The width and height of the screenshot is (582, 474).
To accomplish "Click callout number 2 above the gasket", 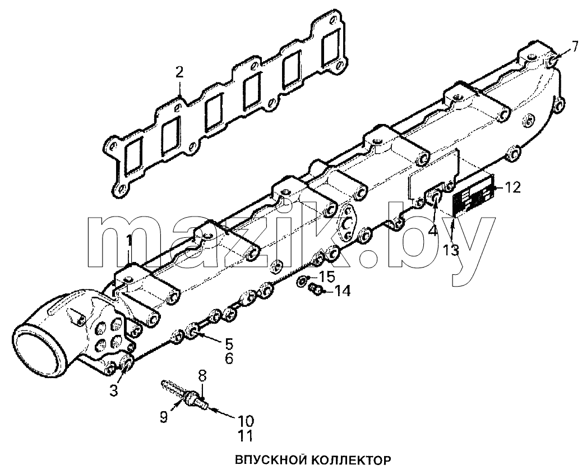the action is pyautogui.click(x=179, y=72).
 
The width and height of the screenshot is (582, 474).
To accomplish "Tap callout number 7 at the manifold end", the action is pyautogui.click(x=574, y=47).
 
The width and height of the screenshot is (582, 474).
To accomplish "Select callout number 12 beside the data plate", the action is pyautogui.click(x=513, y=187).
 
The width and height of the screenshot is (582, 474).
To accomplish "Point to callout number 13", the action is pyautogui.click(x=451, y=251).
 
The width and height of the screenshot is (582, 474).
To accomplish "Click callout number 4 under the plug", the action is pyautogui.click(x=433, y=231).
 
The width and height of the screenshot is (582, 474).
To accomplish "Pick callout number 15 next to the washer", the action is pyautogui.click(x=327, y=277).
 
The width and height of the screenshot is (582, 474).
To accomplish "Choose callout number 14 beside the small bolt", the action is pyautogui.click(x=342, y=292).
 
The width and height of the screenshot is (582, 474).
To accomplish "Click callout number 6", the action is pyautogui.click(x=229, y=359).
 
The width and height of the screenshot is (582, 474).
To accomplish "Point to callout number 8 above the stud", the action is pyautogui.click(x=202, y=376).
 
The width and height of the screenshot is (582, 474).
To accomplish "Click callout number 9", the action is pyautogui.click(x=164, y=417).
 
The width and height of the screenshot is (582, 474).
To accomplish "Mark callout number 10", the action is pyautogui.click(x=246, y=421).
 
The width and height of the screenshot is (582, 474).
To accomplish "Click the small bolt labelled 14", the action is pyautogui.click(x=316, y=289).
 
